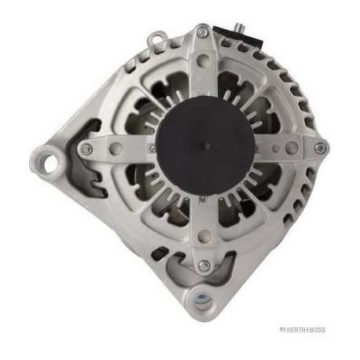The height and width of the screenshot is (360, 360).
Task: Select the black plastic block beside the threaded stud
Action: (237, 37)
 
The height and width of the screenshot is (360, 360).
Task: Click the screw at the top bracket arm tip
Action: (202, 32)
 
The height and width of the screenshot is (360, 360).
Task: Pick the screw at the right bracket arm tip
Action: (320, 149)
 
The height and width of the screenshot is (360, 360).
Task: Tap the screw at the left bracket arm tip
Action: (86, 149)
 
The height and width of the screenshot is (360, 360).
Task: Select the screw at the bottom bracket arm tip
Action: (204, 266)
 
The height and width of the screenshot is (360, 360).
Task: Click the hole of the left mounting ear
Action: (50, 163)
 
